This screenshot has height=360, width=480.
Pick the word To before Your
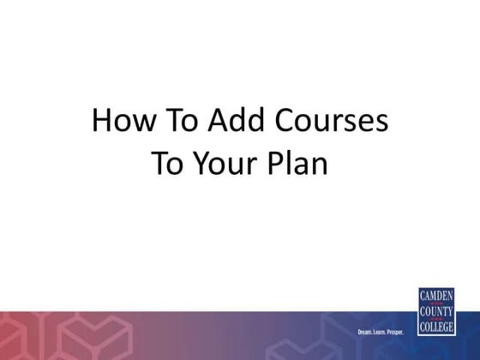pos(168,162)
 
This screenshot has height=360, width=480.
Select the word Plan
pos(300,162)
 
